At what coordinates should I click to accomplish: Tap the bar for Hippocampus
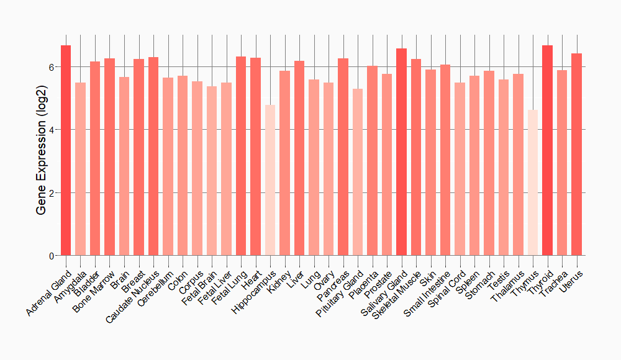(x=270, y=180)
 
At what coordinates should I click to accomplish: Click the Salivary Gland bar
(x=401, y=152)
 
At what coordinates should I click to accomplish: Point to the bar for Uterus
(x=576, y=155)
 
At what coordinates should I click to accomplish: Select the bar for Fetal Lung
(x=241, y=156)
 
